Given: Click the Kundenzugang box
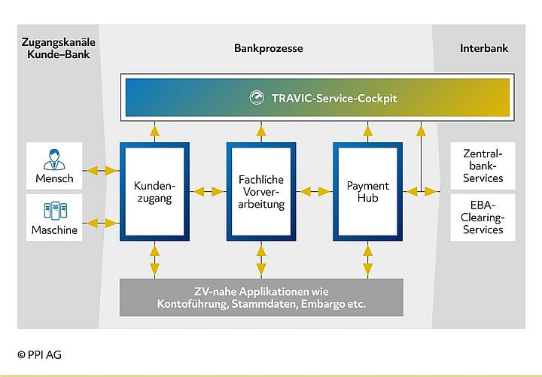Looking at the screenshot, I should [x=154, y=191].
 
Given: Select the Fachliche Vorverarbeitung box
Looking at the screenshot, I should [x=260, y=191].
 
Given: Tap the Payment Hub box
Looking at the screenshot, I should [x=367, y=191].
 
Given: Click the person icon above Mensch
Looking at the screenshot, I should [x=54, y=160].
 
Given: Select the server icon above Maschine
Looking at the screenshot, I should [x=54, y=210].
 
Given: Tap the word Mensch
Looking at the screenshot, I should [x=54, y=179].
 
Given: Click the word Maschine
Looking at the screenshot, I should [x=54, y=230].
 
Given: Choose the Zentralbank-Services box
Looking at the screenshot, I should [x=483, y=166].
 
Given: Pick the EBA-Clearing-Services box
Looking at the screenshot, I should [x=483, y=217].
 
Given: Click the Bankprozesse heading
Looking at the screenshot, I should [x=268, y=48].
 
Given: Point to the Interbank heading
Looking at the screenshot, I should [x=483, y=48].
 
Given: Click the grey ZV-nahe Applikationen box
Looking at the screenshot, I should [x=260, y=298].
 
